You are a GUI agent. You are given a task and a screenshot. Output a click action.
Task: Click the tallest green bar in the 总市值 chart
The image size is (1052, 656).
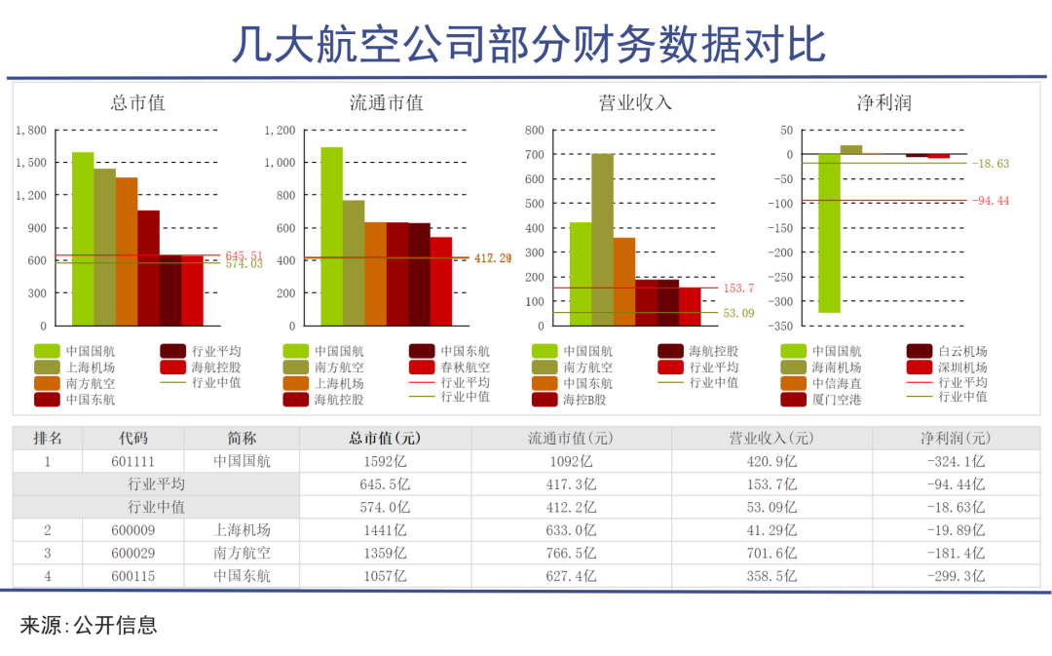(83, 239)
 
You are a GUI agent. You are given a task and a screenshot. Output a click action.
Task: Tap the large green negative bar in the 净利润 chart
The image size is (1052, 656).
(829, 233)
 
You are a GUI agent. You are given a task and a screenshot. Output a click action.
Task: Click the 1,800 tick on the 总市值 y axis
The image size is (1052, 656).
(33, 130)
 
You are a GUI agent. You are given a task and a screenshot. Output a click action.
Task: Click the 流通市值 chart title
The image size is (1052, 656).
(387, 102)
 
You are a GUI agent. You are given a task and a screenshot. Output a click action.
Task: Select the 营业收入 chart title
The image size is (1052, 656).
(635, 102)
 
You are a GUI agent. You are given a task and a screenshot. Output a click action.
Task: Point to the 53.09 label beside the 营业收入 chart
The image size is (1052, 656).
(739, 314)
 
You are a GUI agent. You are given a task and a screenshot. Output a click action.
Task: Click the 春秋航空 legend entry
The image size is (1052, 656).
(464, 367)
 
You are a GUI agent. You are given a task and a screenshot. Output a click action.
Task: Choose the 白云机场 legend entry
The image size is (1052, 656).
(960, 352)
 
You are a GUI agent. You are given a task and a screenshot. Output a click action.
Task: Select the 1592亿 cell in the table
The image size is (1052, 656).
(384, 461)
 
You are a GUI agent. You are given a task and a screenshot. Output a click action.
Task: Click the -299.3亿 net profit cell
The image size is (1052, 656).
(956, 576)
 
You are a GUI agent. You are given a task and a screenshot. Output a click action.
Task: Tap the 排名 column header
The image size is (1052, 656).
(48, 439)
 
